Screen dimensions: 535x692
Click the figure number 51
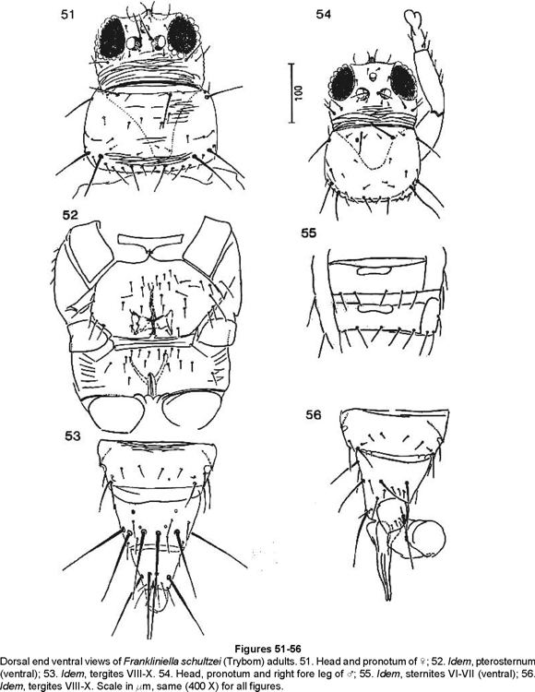click(x=68, y=15)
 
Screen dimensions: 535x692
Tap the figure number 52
click(x=70, y=215)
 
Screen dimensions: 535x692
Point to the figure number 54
click(x=323, y=15)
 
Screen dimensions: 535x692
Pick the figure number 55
click(x=309, y=233)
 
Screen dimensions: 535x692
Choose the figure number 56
click(x=313, y=415)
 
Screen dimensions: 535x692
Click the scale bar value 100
click(x=299, y=92)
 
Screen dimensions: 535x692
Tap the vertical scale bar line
click(x=291, y=93)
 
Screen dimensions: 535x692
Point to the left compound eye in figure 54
click(x=344, y=86)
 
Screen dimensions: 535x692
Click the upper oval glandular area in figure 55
click(x=374, y=269)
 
